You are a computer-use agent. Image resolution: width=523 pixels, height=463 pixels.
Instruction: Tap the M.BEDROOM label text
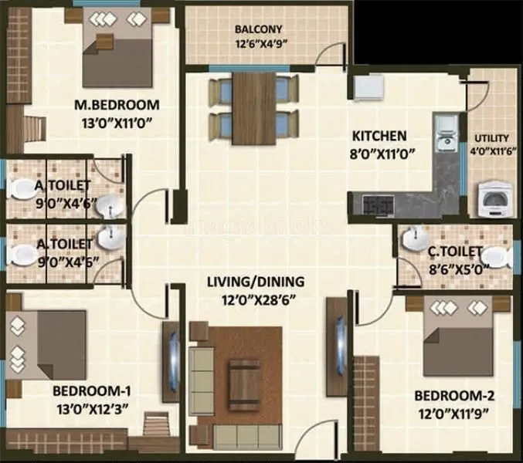[x=116, y=105]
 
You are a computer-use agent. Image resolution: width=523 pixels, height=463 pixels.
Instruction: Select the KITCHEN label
[x=379, y=135]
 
